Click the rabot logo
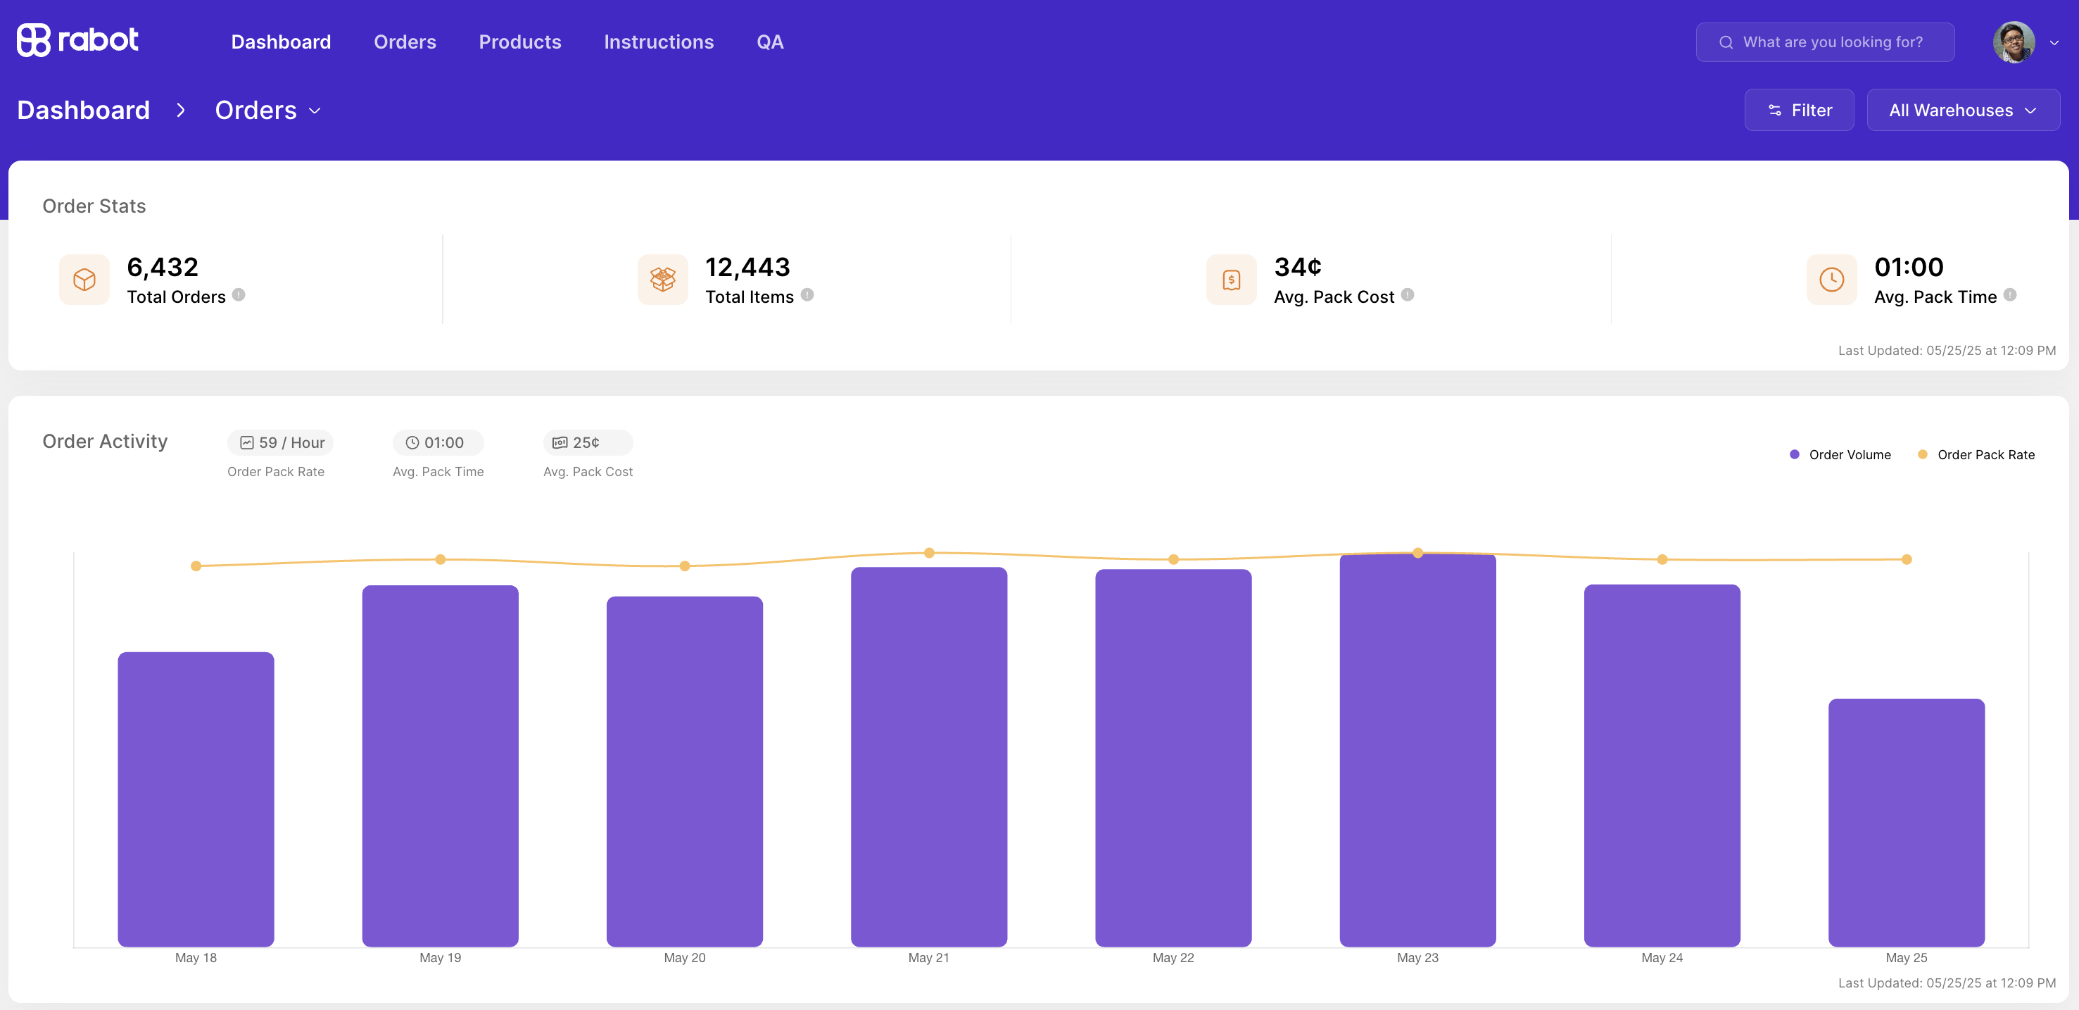click(x=77, y=40)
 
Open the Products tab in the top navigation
click(x=519, y=42)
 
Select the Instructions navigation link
click(x=659, y=42)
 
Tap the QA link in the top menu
click(x=770, y=42)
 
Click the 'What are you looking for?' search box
click(x=1825, y=42)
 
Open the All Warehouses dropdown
click(x=1963, y=110)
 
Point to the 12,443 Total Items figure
click(x=747, y=266)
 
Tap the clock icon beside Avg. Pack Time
click(x=1831, y=280)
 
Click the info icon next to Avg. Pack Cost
click(x=1408, y=294)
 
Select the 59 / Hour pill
click(x=280, y=442)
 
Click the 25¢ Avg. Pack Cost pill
click(x=588, y=442)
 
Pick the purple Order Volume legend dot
click(x=1794, y=454)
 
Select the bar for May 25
click(x=1907, y=822)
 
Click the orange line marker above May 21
click(x=929, y=553)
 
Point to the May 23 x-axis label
click(x=1417, y=957)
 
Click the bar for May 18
click(x=196, y=799)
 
